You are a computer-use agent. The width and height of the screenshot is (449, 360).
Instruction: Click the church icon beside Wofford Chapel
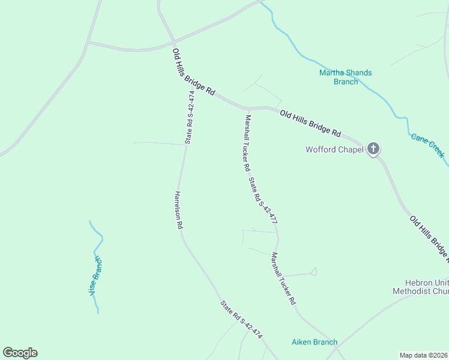[x=373, y=149]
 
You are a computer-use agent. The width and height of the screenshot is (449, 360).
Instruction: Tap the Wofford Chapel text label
[x=334, y=149]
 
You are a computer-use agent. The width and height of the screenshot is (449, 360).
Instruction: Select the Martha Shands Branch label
[x=345, y=77]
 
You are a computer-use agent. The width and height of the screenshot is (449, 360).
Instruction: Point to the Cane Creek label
[x=428, y=145]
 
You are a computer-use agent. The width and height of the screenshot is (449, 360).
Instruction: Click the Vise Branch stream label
[x=95, y=275]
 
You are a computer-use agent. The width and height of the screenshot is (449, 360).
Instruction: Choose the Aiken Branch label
[x=315, y=342]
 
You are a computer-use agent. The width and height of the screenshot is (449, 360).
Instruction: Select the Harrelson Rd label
[x=178, y=211]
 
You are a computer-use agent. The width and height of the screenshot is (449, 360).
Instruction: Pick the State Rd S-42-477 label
[x=263, y=200]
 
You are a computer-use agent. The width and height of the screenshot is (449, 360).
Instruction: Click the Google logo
[x=20, y=352]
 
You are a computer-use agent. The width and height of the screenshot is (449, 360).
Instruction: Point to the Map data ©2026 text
[x=423, y=355]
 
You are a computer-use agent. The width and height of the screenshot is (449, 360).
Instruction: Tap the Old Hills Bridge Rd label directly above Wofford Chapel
[x=310, y=123]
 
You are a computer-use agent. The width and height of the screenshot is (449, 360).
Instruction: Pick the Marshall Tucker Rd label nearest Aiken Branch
[x=283, y=277]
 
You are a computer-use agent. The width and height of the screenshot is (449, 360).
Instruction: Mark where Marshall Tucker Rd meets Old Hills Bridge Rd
[x=246, y=109]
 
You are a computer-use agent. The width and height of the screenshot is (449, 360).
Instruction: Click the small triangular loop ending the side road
[x=314, y=272]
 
